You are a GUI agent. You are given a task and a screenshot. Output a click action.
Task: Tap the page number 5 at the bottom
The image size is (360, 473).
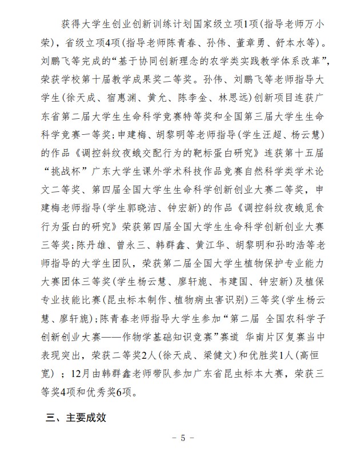pos(183,439)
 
